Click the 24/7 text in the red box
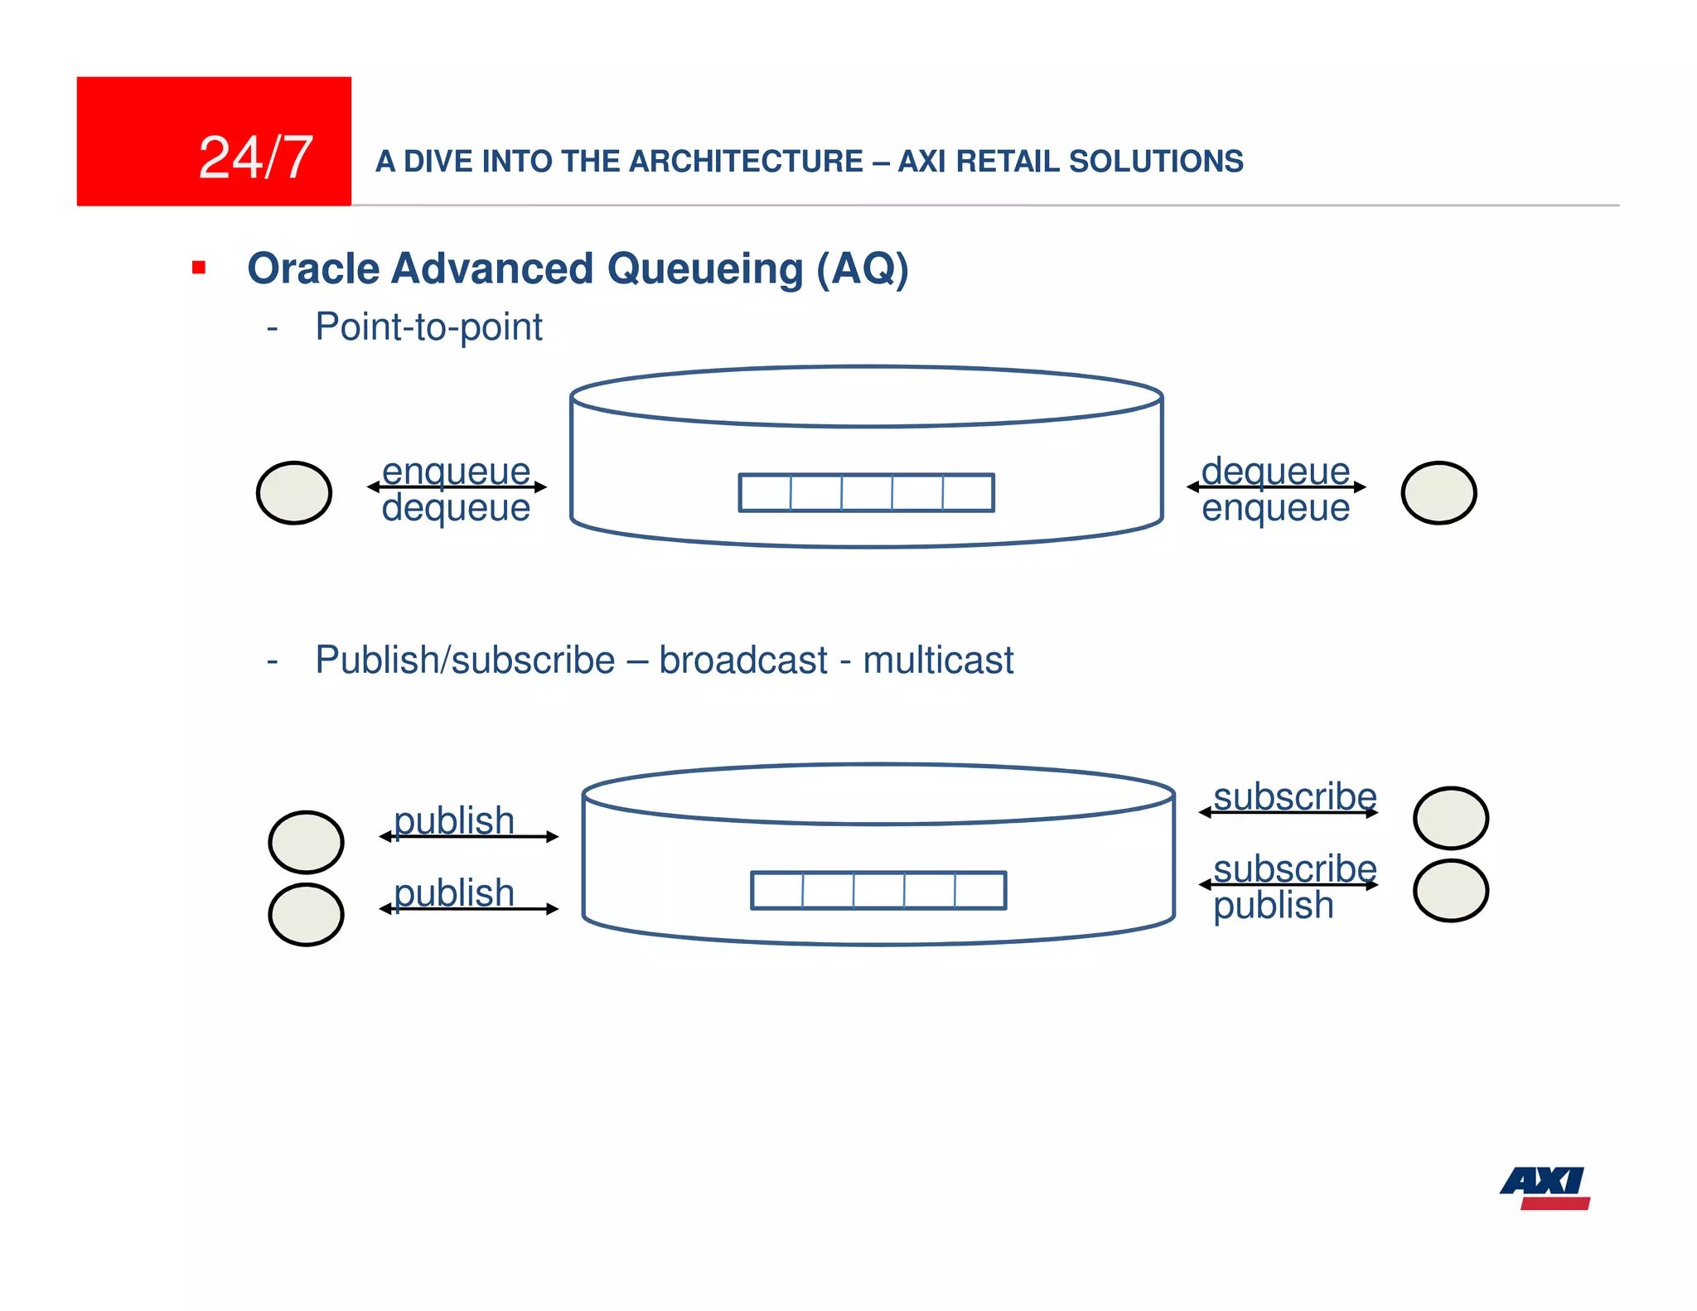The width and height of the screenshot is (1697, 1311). (x=255, y=157)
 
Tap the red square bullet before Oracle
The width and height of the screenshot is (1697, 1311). (x=199, y=268)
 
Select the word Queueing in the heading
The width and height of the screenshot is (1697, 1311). (x=705, y=268)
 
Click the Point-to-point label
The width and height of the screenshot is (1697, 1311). (x=428, y=327)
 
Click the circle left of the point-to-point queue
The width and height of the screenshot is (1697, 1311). (x=294, y=493)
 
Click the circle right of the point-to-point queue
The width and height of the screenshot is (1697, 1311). (x=1438, y=493)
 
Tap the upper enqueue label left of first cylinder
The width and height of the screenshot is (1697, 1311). (x=456, y=471)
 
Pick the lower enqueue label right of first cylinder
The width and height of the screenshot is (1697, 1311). (x=1275, y=508)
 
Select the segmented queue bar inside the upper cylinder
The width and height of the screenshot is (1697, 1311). (x=866, y=492)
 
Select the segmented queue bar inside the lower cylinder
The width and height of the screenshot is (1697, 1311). (x=878, y=890)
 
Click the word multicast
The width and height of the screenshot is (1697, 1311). (x=938, y=660)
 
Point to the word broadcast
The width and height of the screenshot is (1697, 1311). (x=743, y=660)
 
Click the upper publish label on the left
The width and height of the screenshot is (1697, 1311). (x=454, y=820)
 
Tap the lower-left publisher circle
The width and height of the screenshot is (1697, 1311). (x=307, y=915)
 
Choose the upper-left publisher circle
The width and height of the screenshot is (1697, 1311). (x=307, y=842)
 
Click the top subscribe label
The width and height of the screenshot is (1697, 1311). (x=1294, y=796)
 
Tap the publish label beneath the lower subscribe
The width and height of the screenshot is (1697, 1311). (x=1274, y=905)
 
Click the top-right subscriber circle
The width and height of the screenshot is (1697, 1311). (x=1451, y=818)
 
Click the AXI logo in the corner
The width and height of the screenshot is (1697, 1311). (x=1545, y=1188)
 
